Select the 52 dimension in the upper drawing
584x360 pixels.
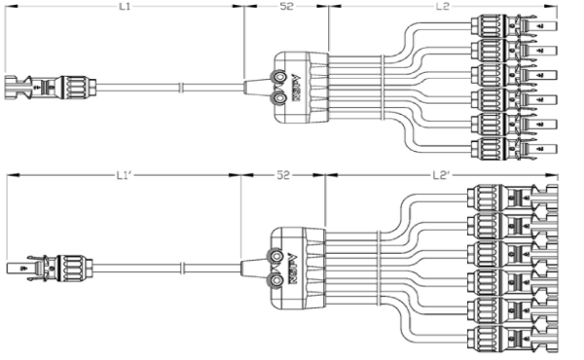(x=285, y=7)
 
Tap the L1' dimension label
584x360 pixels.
(x=124, y=176)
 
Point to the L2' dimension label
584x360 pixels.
(x=441, y=176)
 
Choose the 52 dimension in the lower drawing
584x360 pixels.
(x=283, y=176)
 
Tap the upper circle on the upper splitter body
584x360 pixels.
(x=279, y=77)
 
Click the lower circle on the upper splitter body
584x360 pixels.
(x=279, y=95)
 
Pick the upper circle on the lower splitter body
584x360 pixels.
(x=279, y=256)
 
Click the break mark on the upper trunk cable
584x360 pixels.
(x=181, y=88)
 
